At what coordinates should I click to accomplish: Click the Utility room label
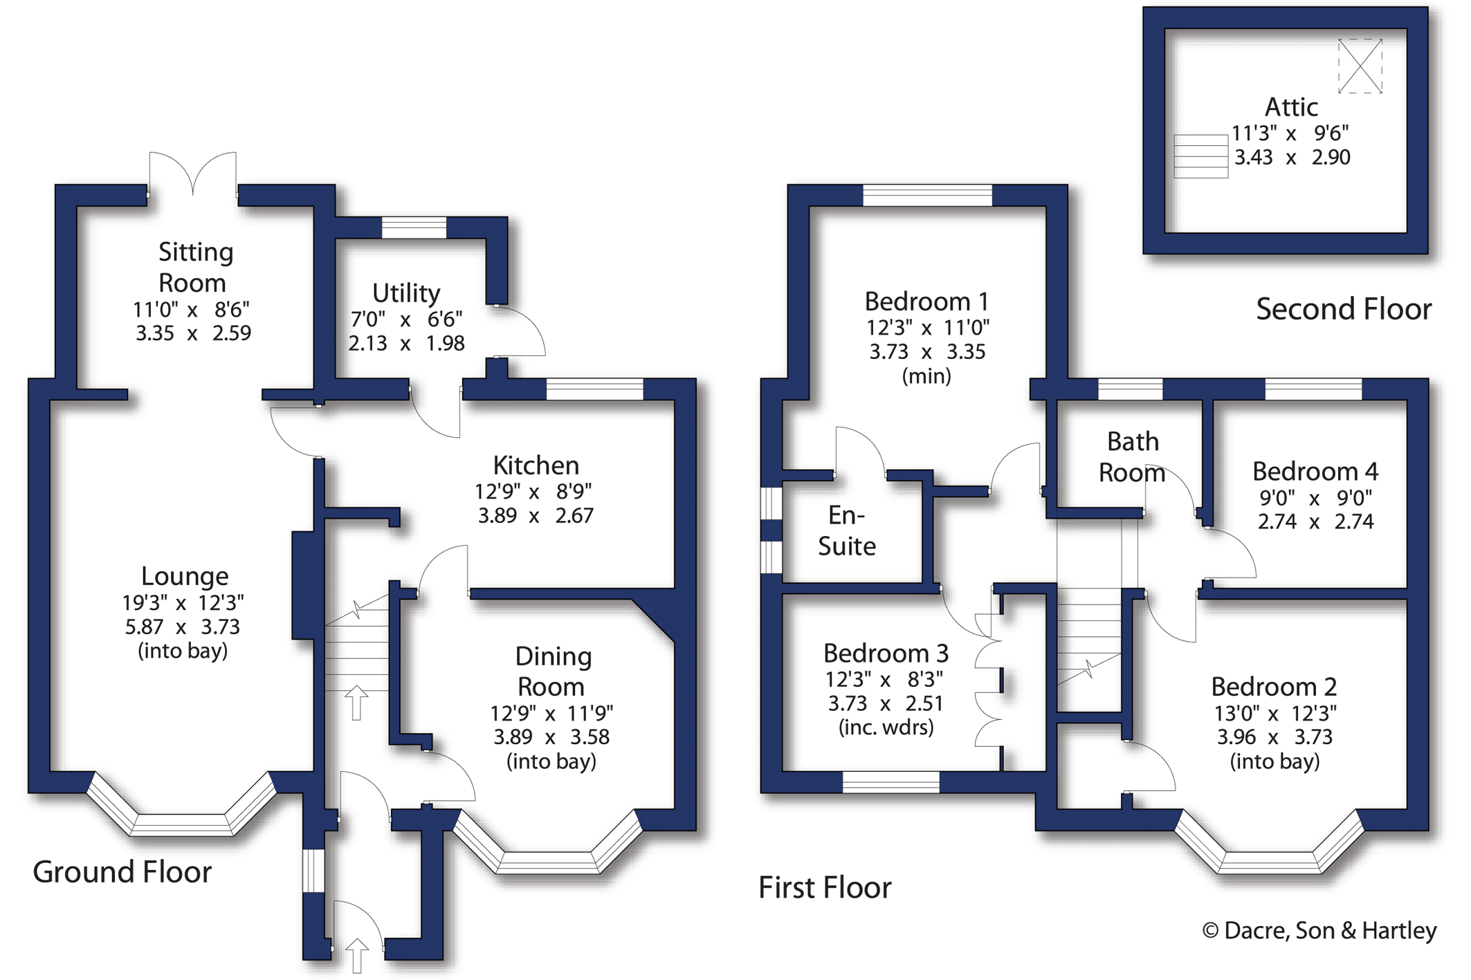(x=406, y=293)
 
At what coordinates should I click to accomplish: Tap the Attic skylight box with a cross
(x=1360, y=66)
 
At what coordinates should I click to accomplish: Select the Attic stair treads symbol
(x=1200, y=156)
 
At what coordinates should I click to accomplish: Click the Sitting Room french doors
(x=192, y=173)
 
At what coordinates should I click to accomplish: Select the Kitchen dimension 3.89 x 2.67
(x=535, y=516)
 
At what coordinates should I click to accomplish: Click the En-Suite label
(x=846, y=530)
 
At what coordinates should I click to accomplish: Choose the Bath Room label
(x=1132, y=457)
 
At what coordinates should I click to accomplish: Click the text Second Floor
(x=1343, y=309)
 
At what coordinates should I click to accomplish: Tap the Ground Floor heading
(x=122, y=872)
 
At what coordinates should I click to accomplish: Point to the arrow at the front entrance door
(x=356, y=954)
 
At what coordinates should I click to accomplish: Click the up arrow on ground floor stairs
(x=356, y=702)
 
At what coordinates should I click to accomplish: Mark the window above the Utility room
(x=414, y=228)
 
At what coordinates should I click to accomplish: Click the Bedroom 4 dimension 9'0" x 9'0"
(x=1315, y=498)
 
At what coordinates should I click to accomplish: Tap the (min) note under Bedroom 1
(x=926, y=376)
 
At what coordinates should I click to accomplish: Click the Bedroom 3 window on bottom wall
(x=890, y=782)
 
